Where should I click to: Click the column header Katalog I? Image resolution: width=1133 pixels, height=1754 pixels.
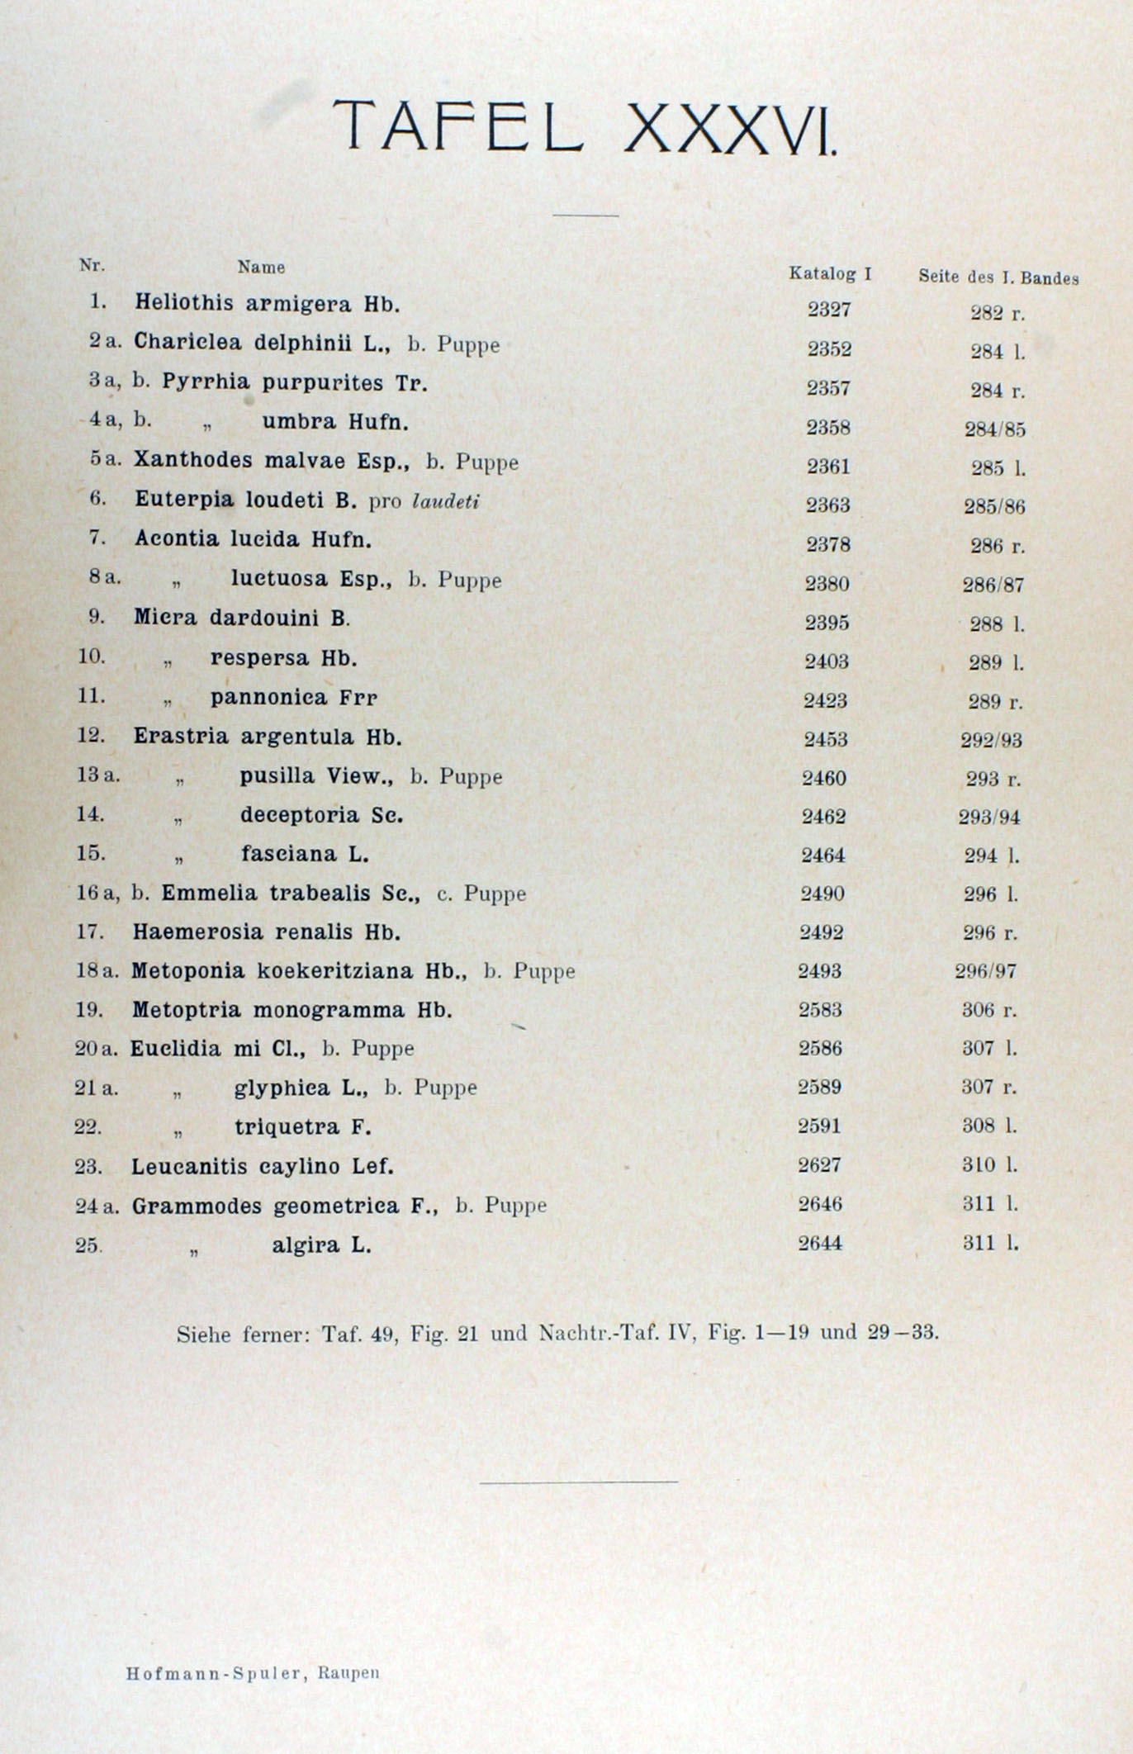click(x=830, y=273)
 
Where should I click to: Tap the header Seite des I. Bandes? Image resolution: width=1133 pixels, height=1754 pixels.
click(x=998, y=277)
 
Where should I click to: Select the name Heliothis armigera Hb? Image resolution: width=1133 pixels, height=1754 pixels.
click(x=268, y=304)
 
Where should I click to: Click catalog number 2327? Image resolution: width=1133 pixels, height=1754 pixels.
click(x=829, y=310)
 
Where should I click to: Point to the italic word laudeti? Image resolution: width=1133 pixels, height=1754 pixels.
click(x=445, y=501)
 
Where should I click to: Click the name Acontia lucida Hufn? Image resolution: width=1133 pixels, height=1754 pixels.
click(x=253, y=539)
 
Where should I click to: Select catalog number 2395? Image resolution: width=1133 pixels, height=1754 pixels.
click(x=827, y=623)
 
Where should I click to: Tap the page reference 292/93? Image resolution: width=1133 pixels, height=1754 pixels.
click(x=991, y=740)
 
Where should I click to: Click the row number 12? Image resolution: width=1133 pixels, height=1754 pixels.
click(x=90, y=735)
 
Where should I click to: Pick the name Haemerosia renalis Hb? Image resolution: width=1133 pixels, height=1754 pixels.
click(x=266, y=932)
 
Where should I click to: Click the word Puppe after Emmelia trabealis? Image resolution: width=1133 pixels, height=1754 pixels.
click(x=495, y=894)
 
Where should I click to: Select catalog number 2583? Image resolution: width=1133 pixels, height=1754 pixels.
click(x=820, y=1010)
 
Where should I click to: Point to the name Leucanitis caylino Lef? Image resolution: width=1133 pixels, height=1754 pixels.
click(x=263, y=1167)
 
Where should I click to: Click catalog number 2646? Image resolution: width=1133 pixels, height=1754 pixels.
click(x=820, y=1204)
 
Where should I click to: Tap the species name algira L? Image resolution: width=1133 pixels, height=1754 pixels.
click(x=321, y=1244)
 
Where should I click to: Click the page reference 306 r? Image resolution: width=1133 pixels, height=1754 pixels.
click(x=988, y=1010)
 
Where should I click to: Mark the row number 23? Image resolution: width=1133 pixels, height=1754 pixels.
click(x=88, y=1167)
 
